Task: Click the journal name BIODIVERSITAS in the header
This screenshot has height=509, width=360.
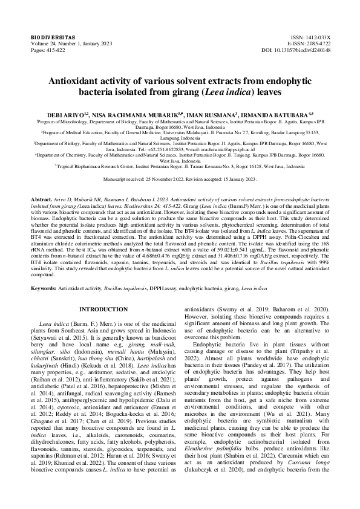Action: coord(50,37)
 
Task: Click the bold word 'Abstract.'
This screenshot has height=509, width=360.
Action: coord(43,198)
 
